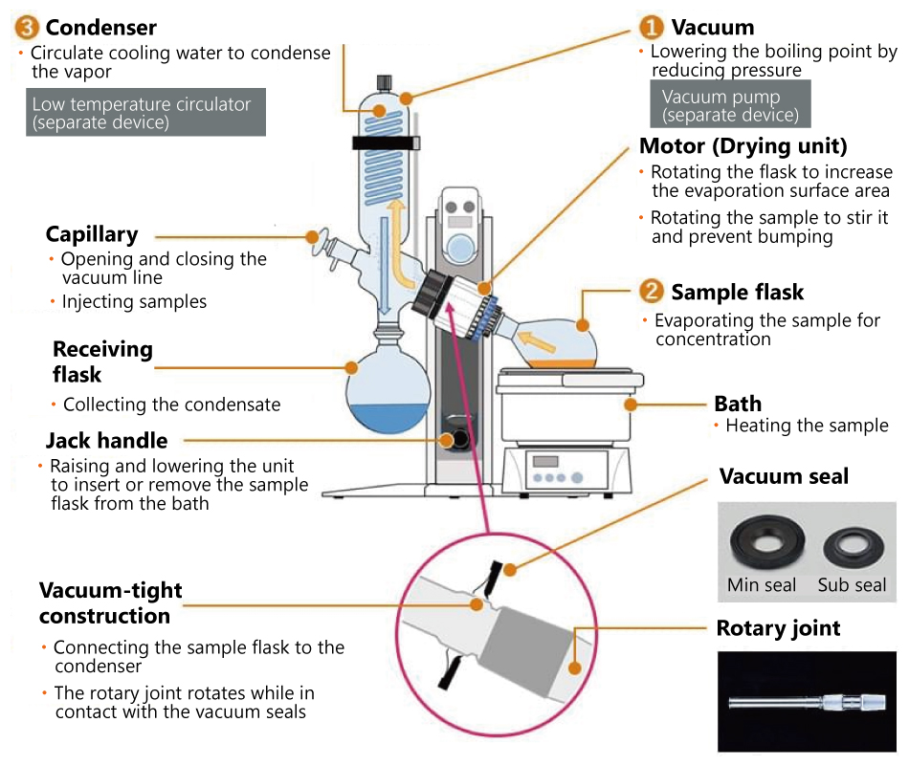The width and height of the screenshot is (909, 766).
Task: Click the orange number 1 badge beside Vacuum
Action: [652, 27]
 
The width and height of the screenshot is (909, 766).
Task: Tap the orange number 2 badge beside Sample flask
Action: [652, 292]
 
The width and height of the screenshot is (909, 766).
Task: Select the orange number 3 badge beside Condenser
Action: [28, 27]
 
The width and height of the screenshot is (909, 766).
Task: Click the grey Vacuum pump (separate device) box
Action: [730, 104]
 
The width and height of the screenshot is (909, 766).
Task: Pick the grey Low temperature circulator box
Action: [145, 113]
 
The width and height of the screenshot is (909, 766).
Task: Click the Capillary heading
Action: [92, 234]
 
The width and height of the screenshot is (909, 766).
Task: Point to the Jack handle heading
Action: [106, 441]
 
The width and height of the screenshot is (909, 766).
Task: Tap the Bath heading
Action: [738, 403]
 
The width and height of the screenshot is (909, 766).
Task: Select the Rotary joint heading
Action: [778, 628]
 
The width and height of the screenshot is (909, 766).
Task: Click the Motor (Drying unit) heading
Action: [743, 146]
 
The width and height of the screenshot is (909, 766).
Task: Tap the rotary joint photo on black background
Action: [807, 701]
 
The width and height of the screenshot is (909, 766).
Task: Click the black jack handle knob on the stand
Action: [460, 439]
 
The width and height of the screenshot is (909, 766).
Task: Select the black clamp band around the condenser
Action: [387, 144]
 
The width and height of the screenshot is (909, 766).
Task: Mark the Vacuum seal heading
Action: [784, 476]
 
